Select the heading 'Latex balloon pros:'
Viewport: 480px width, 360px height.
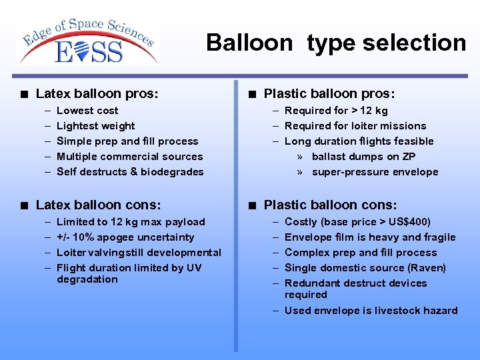[x=97, y=94]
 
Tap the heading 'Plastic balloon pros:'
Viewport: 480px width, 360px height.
[x=329, y=94]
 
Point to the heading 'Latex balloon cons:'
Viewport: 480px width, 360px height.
[x=98, y=205]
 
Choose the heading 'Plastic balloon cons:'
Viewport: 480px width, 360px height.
[x=330, y=205]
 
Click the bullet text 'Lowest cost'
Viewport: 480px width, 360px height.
[x=87, y=111]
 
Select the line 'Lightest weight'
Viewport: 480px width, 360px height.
[x=96, y=126]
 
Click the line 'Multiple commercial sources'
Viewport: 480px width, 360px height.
[x=130, y=157]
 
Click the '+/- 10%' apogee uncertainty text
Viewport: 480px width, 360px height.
[x=76, y=237]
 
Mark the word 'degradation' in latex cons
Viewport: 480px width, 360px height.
[x=87, y=279]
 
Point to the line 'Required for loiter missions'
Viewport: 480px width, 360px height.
[x=355, y=126]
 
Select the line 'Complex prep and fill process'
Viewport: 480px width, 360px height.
[x=361, y=253]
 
